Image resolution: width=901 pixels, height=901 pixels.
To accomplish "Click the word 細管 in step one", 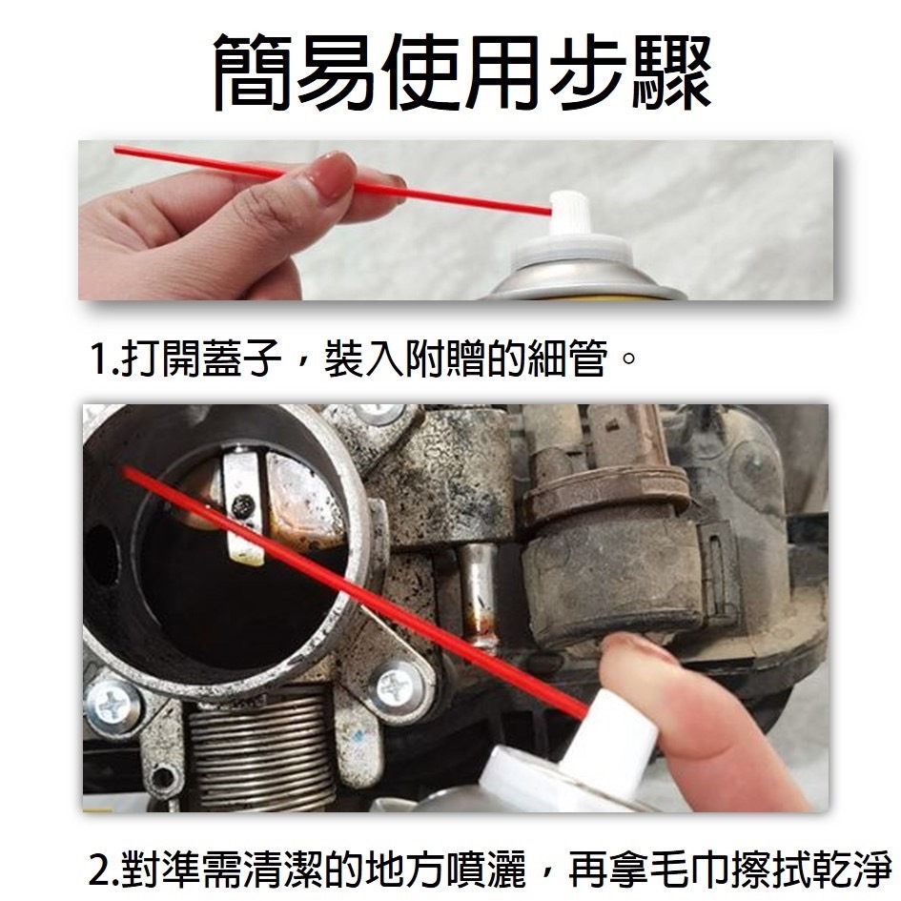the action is (x=567, y=359).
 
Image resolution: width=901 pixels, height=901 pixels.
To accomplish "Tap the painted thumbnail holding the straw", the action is (x=332, y=173).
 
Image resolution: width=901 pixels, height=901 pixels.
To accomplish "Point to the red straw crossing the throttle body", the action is (x=354, y=591).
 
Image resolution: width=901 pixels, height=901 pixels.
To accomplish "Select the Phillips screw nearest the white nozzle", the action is (x=395, y=685).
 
